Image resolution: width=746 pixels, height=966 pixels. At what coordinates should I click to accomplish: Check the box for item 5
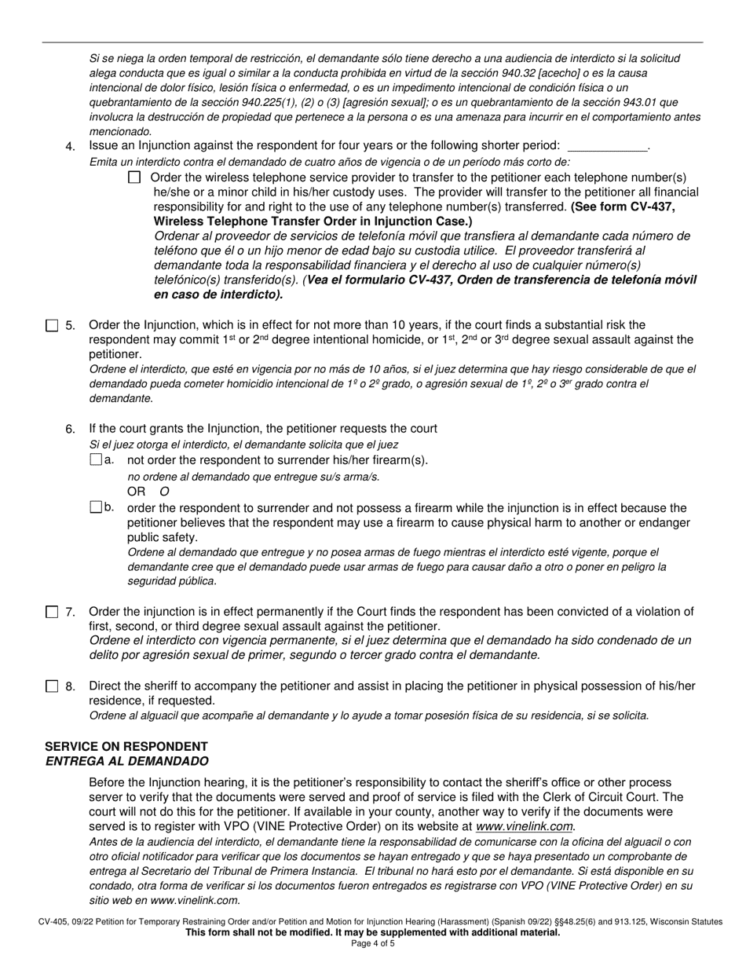point(52,325)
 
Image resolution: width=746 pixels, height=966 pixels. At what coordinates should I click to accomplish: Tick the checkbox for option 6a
point(96,459)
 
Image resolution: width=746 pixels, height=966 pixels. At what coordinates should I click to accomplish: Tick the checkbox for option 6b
point(96,507)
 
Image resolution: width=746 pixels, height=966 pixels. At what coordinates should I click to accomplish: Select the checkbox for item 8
point(52,686)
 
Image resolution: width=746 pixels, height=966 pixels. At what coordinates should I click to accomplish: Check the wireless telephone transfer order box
point(134,177)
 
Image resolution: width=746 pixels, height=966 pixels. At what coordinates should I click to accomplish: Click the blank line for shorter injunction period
point(607,146)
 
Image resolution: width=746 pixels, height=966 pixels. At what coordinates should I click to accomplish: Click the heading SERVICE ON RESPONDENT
point(126,746)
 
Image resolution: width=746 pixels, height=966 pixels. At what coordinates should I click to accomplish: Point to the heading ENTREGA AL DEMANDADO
point(126,761)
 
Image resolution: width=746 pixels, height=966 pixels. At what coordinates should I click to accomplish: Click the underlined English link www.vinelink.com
point(525,826)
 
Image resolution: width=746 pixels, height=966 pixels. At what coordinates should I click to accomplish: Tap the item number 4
point(71,147)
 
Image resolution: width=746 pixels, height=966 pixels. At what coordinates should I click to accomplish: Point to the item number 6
point(71,429)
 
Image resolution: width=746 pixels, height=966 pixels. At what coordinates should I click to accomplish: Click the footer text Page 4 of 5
point(372,943)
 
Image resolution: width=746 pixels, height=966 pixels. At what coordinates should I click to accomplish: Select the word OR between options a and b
point(137,492)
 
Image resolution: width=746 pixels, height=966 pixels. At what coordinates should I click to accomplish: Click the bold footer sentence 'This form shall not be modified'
point(372,932)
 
